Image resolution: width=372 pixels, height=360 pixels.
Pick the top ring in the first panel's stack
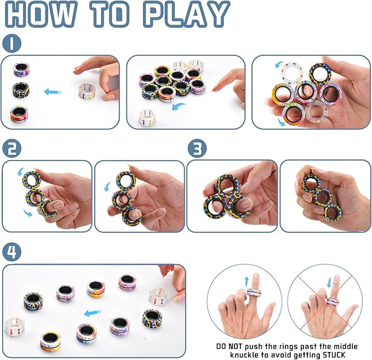[21, 70]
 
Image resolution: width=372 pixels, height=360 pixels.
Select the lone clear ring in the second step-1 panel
[146, 116]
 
